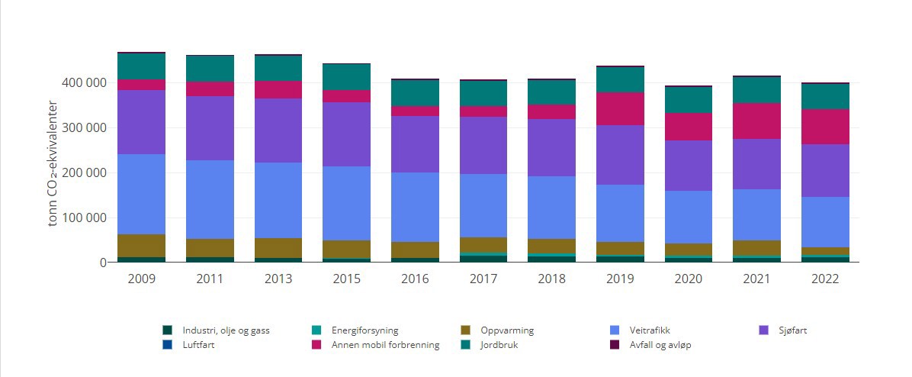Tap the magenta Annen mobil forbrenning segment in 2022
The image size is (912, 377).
click(825, 127)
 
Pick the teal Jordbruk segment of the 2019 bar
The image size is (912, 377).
click(621, 79)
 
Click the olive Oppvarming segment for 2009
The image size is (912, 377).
click(142, 246)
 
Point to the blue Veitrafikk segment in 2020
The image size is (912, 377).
click(688, 217)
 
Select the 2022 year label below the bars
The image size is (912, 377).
click(825, 279)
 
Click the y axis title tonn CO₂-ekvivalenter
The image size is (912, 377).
click(53, 163)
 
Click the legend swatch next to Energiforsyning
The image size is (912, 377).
click(316, 330)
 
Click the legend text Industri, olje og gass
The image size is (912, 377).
click(226, 330)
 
